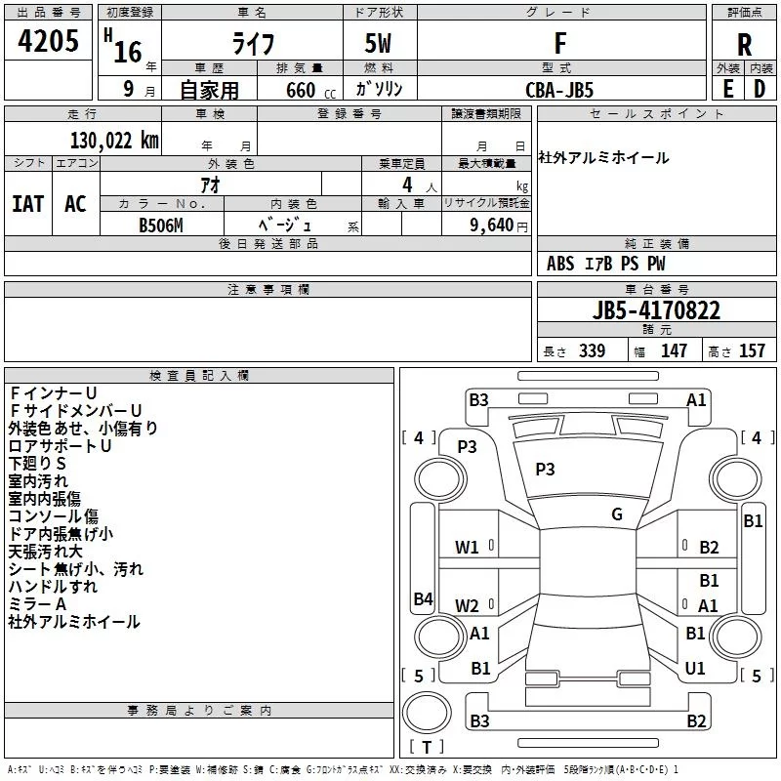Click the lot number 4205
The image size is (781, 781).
48,42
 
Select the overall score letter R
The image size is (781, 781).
744,45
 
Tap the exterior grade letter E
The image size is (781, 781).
727,88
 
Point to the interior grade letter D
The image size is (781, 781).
760,88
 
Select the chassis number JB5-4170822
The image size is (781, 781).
656,311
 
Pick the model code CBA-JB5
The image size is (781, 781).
559,89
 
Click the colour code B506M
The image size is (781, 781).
161,224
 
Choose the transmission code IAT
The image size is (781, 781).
27,204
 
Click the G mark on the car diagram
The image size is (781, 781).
616,514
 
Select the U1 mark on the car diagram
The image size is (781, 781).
695,668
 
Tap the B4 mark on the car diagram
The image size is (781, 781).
423,598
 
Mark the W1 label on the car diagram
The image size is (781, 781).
467,547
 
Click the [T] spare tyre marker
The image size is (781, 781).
426,748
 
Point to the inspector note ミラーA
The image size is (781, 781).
38,604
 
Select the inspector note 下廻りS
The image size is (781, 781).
38,463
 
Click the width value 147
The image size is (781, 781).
674,351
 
